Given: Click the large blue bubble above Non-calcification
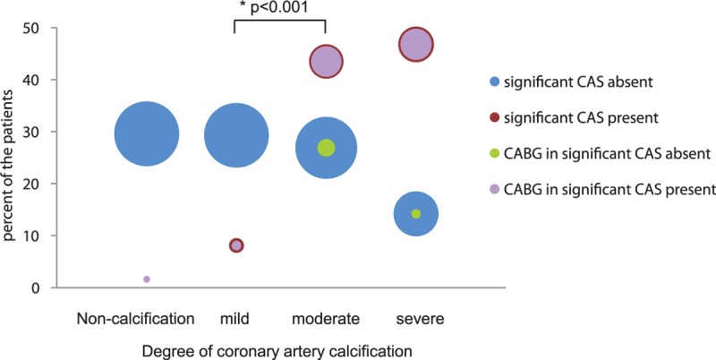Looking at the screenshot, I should tap(147, 133).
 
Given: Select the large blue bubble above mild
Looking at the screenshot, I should tap(236, 135).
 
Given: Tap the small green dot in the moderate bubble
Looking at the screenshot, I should tap(327, 148).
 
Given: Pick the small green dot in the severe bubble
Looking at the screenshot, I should tap(415, 213).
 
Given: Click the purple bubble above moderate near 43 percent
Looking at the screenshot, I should tap(327, 62).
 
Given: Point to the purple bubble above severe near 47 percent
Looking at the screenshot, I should tap(415, 43).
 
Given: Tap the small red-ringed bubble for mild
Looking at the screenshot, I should tap(236, 245).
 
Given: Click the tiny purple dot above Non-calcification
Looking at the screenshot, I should tap(147, 279).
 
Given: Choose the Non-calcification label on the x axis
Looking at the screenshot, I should tap(136, 319).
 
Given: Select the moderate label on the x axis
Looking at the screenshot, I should tap(326, 319).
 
